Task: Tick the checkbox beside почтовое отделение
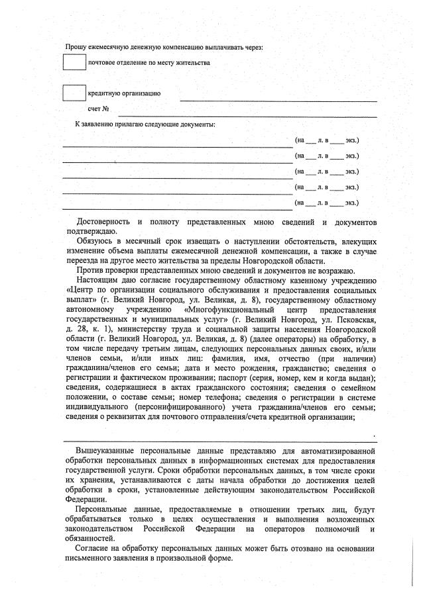click(x=74, y=63)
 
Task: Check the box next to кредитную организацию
click(x=74, y=93)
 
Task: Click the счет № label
click(x=98, y=108)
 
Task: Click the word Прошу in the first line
click(x=74, y=46)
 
